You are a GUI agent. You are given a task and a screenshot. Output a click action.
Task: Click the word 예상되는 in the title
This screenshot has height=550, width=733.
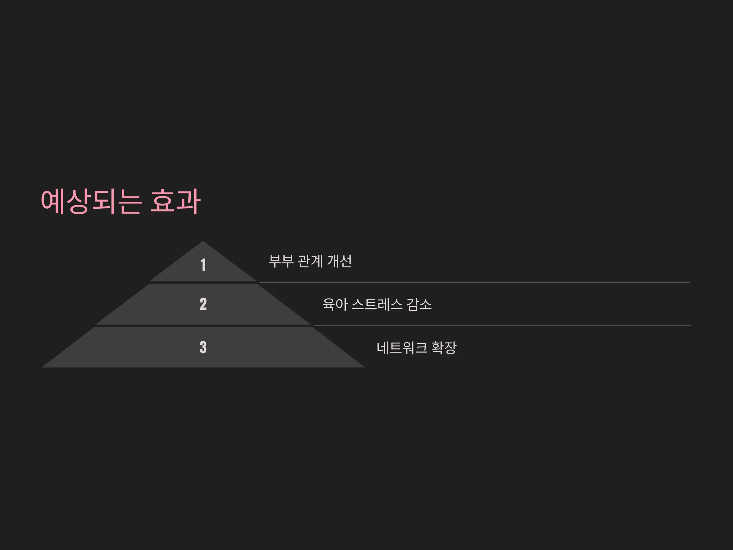tap(91, 202)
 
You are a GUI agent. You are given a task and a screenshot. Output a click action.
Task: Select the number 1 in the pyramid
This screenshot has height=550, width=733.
tap(203, 265)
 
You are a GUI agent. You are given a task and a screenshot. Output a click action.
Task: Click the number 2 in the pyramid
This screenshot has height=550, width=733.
tap(203, 304)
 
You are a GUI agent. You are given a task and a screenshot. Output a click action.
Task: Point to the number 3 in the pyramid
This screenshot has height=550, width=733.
tap(203, 347)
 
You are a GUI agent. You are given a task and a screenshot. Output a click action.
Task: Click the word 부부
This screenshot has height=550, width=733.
tap(281, 261)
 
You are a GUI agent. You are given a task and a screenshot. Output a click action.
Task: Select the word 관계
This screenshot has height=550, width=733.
tap(310, 261)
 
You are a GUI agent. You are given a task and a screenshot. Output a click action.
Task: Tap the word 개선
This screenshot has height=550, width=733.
tap(339, 261)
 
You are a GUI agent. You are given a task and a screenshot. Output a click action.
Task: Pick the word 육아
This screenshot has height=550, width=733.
tap(335, 304)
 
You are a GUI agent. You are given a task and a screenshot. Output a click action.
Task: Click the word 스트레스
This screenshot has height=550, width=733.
tap(377, 304)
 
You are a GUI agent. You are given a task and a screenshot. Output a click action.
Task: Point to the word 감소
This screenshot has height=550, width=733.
tap(420, 304)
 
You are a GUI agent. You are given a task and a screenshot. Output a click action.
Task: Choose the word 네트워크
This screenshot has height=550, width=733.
tap(402, 348)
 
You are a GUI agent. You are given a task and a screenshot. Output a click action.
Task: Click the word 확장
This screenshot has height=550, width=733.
tap(444, 348)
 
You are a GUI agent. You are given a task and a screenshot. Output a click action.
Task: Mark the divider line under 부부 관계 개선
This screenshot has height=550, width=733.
tap(475, 282)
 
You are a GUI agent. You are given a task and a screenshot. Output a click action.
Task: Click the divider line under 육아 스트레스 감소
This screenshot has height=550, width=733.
tap(502, 326)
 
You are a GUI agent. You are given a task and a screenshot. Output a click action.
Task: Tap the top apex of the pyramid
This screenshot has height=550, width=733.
tap(203, 241)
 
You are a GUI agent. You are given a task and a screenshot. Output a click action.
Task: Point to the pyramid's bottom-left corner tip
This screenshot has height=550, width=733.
tap(42, 367)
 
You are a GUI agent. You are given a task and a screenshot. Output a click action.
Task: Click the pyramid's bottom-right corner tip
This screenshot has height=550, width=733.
tap(364, 367)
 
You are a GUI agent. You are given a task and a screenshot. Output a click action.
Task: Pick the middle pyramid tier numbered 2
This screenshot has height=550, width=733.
tap(203, 304)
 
